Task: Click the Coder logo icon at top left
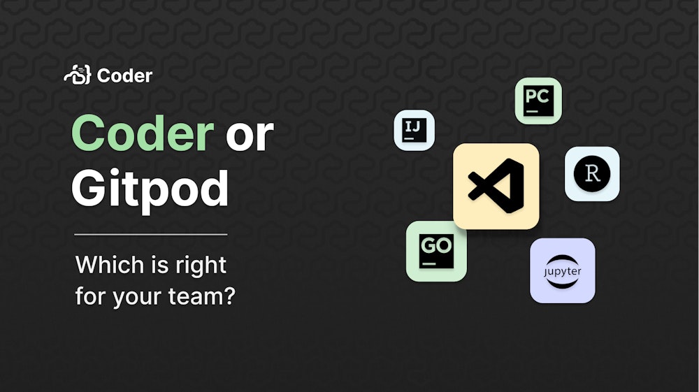[x=77, y=75]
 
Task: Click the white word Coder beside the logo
[x=124, y=75]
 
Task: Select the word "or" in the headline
[x=250, y=136]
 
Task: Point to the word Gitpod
[x=150, y=189]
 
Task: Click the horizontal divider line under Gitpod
[x=151, y=234]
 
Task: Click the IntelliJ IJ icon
[x=414, y=130]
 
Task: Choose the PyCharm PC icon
[x=538, y=101]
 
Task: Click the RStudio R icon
[x=592, y=174]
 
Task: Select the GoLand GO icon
[x=436, y=251]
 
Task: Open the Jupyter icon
[x=562, y=270]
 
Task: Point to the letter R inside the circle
[x=592, y=174]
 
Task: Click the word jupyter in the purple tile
[x=562, y=270]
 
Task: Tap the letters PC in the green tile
[x=537, y=96]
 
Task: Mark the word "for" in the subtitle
[x=91, y=296]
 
